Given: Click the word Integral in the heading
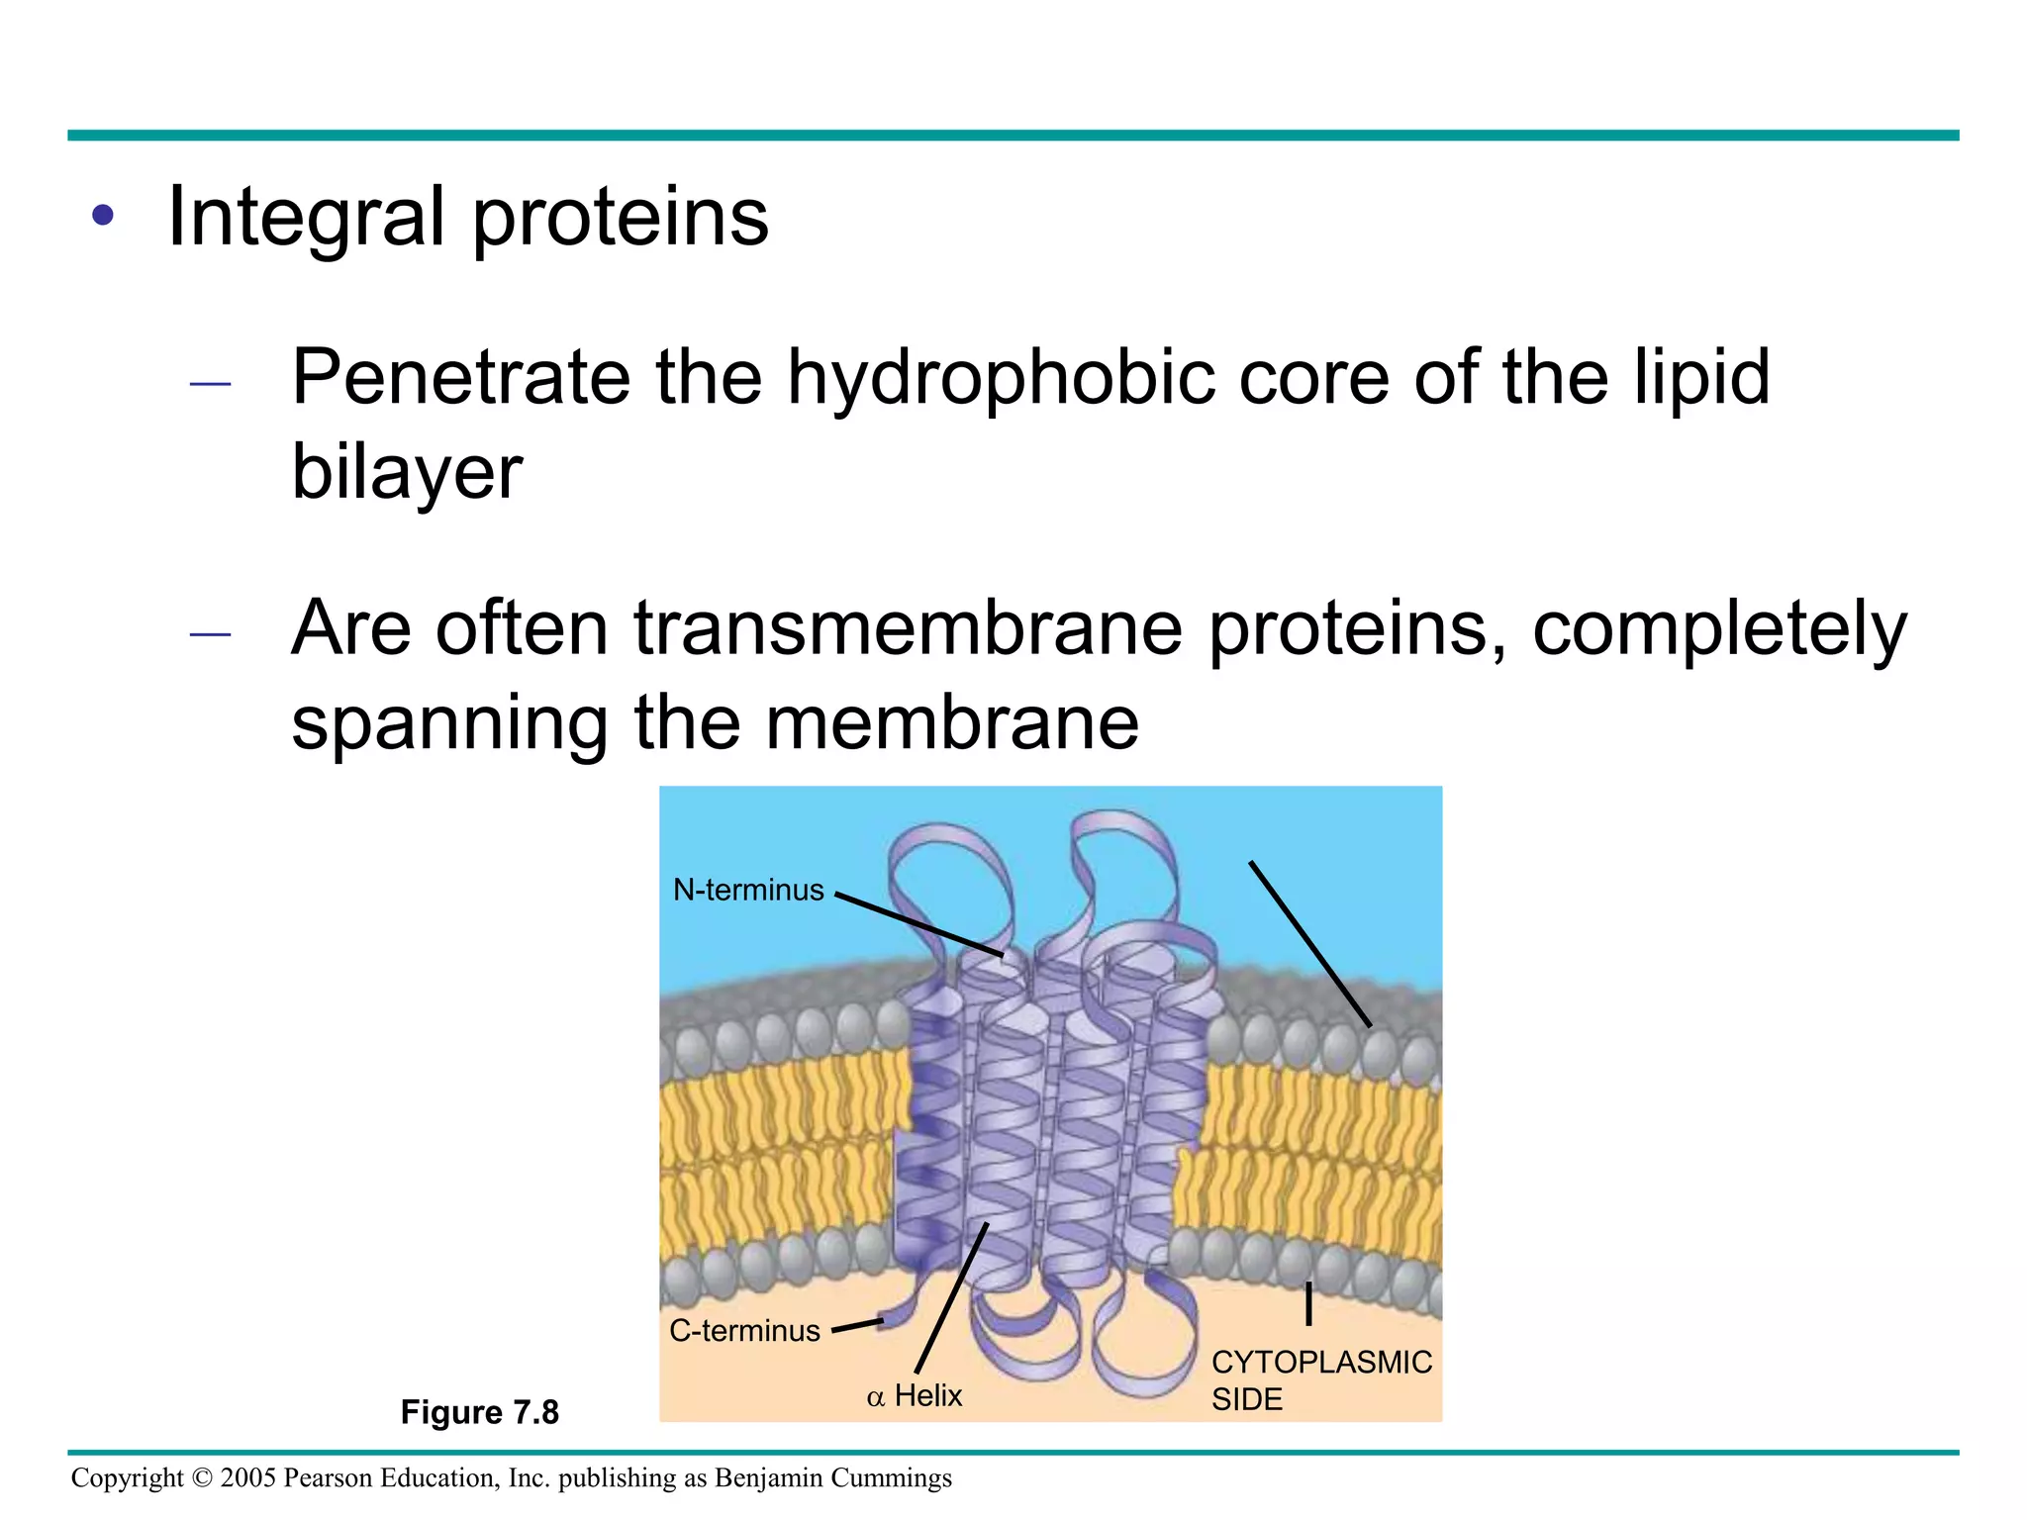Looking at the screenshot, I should pyautogui.click(x=306, y=218).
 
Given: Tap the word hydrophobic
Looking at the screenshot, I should pyautogui.click(x=1000, y=379).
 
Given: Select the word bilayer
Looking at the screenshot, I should pyautogui.click(x=407, y=472).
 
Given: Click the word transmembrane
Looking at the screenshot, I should pyautogui.click(x=908, y=629).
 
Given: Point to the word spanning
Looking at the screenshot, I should pyautogui.click(x=449, y=723).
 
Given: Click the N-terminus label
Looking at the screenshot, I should pyautogui.click(x=748, y=891).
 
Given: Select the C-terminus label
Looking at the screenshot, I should pyautogui.click(x=744, y=1331).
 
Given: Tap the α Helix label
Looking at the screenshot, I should pyautogui.click(x=915, y=1396).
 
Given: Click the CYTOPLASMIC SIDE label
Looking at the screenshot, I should pyautogui.click(x=1320, y=1380).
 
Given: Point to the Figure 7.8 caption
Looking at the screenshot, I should pyautogui.click(x=480, y=1412).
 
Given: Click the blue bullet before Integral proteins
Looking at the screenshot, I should pyautogui.click(x=103, y=215).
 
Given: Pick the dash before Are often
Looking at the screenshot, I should pyautogui.click(x=210, y=634).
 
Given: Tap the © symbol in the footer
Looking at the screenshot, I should pyautogui.click(x=202, y=1478).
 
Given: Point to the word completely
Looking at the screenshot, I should pyautogui.click(x=1719, y=629).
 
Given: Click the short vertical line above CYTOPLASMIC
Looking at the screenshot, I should pyautogui.click(x=1308, y=1303).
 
